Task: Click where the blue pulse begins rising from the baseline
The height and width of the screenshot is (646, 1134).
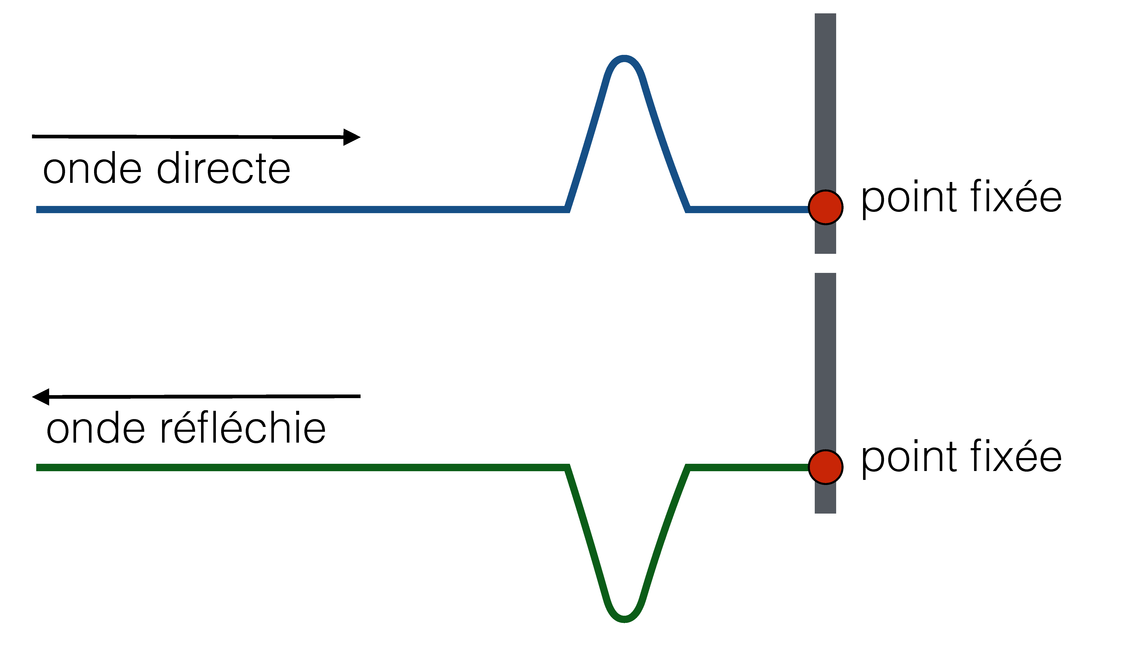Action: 567,208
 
